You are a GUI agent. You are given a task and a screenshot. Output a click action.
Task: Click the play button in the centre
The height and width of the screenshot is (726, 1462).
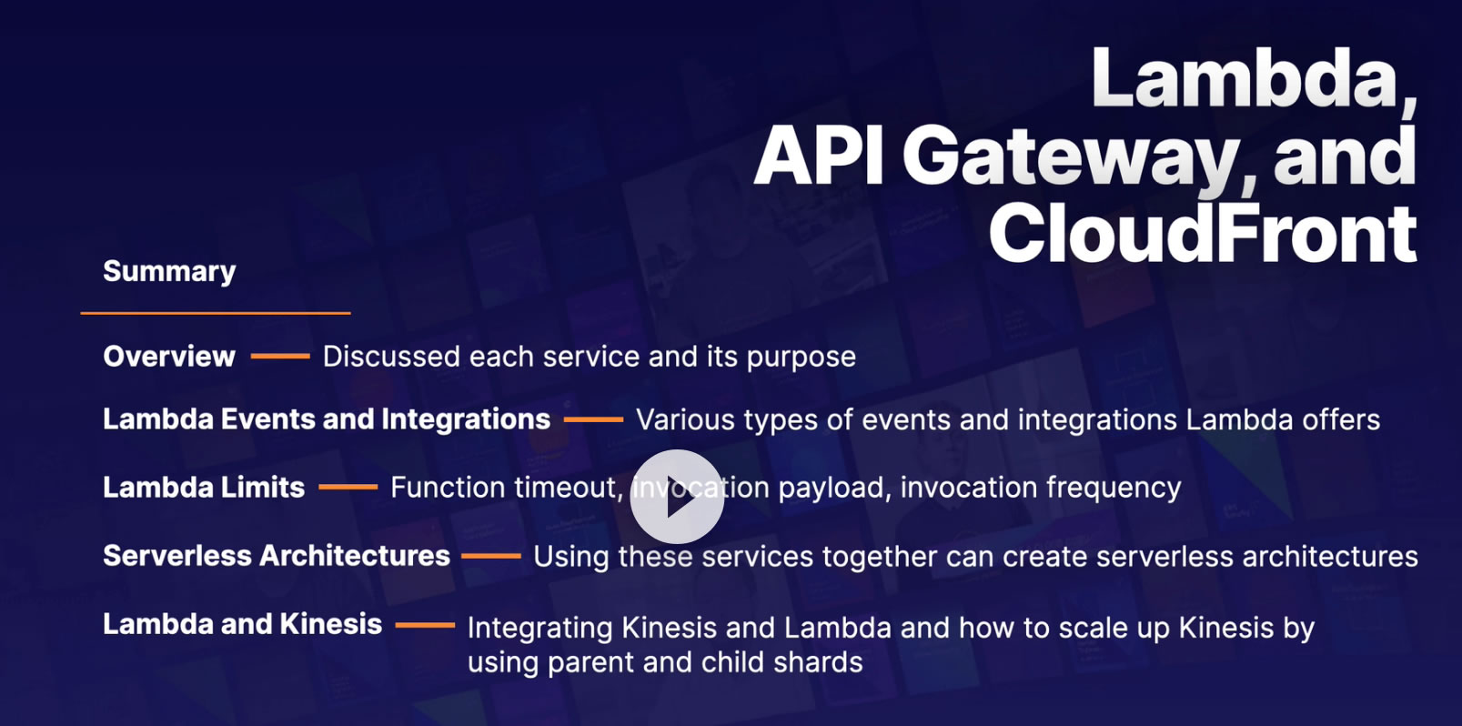tap(677, 497)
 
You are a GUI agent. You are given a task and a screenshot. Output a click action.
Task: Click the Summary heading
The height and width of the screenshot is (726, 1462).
tap(169, 271)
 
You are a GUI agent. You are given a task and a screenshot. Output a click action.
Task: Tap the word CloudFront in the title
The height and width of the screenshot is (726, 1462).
tap(1202, 234)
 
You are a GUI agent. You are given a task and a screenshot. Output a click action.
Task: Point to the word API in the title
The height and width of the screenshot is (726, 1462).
tap(819, 156)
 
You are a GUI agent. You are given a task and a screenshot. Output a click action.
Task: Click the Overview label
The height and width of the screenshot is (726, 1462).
tap(169, 357)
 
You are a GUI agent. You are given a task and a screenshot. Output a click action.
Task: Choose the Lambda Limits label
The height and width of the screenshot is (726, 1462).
tap(204, 488)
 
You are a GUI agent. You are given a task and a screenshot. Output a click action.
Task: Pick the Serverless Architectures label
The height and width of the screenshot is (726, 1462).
tap(277, 556)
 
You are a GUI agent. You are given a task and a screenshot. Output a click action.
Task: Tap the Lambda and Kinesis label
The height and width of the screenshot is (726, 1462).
tap(242, 624)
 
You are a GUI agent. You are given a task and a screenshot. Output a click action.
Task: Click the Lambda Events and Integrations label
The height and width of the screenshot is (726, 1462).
tap(327, 419)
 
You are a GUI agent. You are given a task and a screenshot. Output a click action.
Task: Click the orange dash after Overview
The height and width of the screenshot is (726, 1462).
tap(280, 357)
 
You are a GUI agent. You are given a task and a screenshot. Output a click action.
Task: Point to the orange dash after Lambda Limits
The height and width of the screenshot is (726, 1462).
tap(348, 488)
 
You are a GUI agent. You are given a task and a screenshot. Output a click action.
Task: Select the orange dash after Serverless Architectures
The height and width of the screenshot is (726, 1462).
tap(491, 556)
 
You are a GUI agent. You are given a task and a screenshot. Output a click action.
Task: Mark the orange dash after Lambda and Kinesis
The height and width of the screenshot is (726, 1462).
tap(425, 625)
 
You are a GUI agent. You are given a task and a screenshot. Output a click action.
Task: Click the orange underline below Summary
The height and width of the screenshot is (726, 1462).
tap(216, 313)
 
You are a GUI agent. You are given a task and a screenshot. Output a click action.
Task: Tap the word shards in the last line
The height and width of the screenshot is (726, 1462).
tap(818, 662)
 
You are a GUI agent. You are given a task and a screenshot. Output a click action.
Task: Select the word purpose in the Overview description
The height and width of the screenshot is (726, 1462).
tap(801, 358)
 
